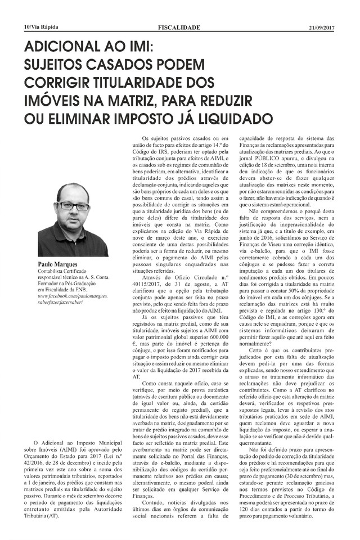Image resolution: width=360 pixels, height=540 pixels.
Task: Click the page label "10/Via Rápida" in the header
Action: pos(41,26)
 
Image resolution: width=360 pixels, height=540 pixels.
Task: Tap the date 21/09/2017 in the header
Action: pos(322,26)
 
